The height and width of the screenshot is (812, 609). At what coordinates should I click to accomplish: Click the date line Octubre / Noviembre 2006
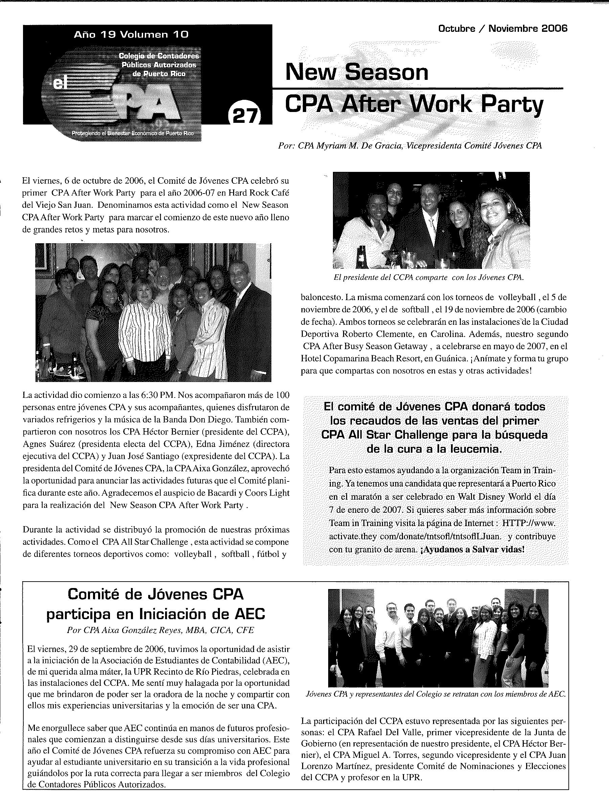(502, 29)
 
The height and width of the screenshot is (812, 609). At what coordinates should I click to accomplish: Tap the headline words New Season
(357, 72)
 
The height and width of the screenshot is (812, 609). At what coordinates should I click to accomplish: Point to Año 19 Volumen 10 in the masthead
(131, 35)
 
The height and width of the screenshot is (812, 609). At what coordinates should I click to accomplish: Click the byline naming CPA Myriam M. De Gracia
(410, 146)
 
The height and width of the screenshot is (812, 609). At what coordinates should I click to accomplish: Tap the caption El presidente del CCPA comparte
(428, 277)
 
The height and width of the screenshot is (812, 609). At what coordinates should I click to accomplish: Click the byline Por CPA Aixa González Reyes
(160, 630)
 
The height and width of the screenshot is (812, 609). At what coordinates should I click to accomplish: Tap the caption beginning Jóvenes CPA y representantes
(435, 694)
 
